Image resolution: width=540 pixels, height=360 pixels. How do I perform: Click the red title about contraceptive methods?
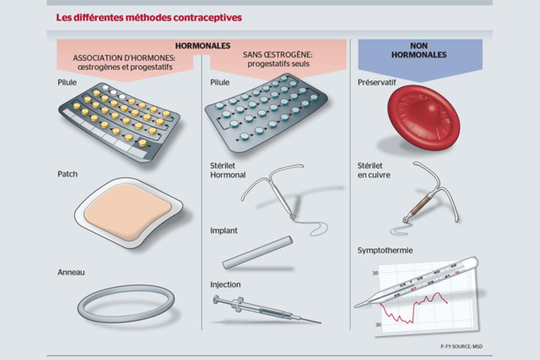coord(149,18)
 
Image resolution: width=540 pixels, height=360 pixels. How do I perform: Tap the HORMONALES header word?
coord(203,46)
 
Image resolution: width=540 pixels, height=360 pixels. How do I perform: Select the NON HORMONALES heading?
coord(419,50)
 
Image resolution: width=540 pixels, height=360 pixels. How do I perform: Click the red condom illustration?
coord(423,118)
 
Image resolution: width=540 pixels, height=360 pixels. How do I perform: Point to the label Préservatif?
coord(377,82)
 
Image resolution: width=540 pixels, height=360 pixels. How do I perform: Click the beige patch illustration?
coord(128,213)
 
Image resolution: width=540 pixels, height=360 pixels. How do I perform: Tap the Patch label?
coord(67,174)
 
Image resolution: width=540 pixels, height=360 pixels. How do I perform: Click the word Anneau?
coord(71,272)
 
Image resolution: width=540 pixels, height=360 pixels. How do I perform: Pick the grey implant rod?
coord(258,252)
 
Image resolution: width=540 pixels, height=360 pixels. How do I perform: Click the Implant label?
coord(224,231)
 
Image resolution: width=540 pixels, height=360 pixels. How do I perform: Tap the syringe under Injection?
coord(267,310)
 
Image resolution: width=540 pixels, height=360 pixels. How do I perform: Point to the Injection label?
coord(225,284)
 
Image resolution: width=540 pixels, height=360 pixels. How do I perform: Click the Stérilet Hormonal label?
coord(228,170)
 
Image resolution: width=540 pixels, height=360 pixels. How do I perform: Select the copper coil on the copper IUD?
coord(420,205)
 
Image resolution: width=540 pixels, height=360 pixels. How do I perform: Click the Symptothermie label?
coord(385,251)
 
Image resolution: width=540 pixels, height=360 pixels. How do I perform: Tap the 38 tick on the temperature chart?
coord(375,273)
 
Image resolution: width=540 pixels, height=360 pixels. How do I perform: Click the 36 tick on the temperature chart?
coord(378,325)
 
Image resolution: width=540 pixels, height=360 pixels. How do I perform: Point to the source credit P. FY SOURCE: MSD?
coord(462,346)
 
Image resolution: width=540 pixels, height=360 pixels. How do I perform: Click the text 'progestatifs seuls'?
coord(279,64)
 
